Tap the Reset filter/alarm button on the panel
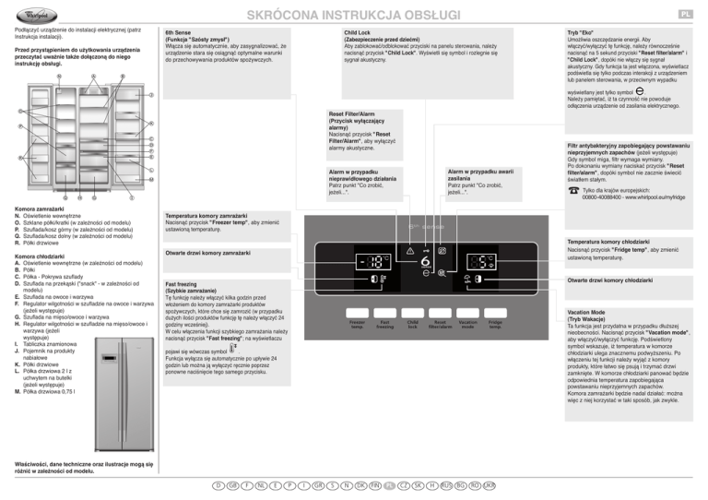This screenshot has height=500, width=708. [441, 324]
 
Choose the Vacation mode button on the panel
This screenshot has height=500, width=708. [467, 324]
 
